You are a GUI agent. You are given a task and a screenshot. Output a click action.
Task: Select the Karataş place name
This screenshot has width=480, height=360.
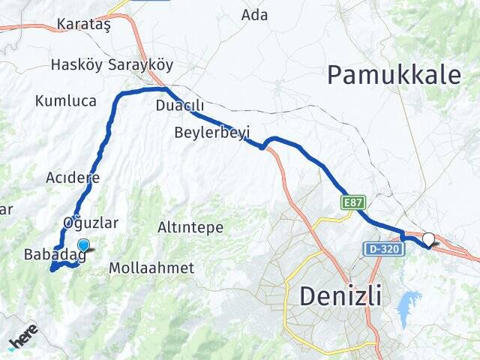tap(84, 25)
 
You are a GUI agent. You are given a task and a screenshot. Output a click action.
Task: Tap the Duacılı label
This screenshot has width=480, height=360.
tap(175, 106)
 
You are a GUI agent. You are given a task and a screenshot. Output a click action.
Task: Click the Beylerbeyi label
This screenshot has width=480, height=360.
tap(211, 132)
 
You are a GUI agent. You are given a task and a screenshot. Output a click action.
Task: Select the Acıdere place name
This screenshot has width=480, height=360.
tap(73, 178)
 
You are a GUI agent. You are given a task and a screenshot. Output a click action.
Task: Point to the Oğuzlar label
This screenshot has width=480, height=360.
tap(91, 222)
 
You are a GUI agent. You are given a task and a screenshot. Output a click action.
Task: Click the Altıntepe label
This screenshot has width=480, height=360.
tap(190, 226)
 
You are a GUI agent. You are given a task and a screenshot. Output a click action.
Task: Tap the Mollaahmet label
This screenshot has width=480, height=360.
tap(151, 267)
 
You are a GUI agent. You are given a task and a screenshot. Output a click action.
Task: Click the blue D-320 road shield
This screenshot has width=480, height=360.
tap(383, 247)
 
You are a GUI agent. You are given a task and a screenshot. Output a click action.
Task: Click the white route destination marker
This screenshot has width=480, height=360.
tap(428, 239)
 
